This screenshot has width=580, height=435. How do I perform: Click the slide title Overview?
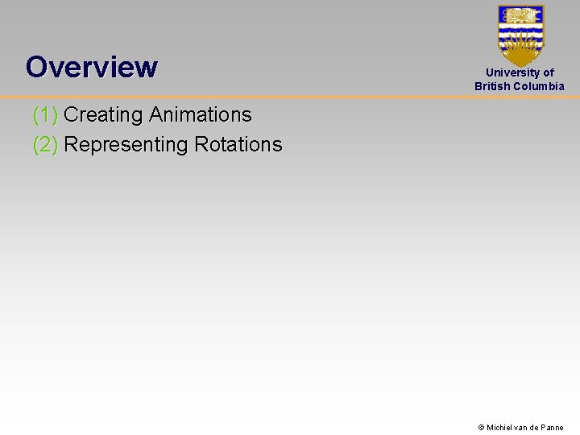[x=91, y=67]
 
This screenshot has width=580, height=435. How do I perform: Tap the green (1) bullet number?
[x=45, y=115]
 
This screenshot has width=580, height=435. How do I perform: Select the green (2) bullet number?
[x=45, y=145]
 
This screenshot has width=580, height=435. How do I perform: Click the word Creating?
[x=103, y=115]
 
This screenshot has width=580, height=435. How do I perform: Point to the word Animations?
[x=200, y=115]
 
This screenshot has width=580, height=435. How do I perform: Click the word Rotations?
[x=238, y=145]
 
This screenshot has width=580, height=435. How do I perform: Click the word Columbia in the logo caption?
[x=539, y=86]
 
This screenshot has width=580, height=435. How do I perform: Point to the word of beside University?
[x=549, y=72]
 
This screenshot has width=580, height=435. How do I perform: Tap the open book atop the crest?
[x=520, y=14]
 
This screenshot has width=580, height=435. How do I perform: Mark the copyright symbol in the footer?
[x=481, y=428]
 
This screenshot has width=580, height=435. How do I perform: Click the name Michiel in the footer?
[x=502, y=428]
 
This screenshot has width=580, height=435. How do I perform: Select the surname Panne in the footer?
[x=552, y=428]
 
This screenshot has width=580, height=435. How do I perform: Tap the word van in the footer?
[x=523, y=428]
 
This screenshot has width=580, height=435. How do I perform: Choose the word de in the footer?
[x=535, y=428]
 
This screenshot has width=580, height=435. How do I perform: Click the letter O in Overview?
[x=35, y=67]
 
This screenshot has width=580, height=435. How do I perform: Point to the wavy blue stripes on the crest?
[x=520, y=35]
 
